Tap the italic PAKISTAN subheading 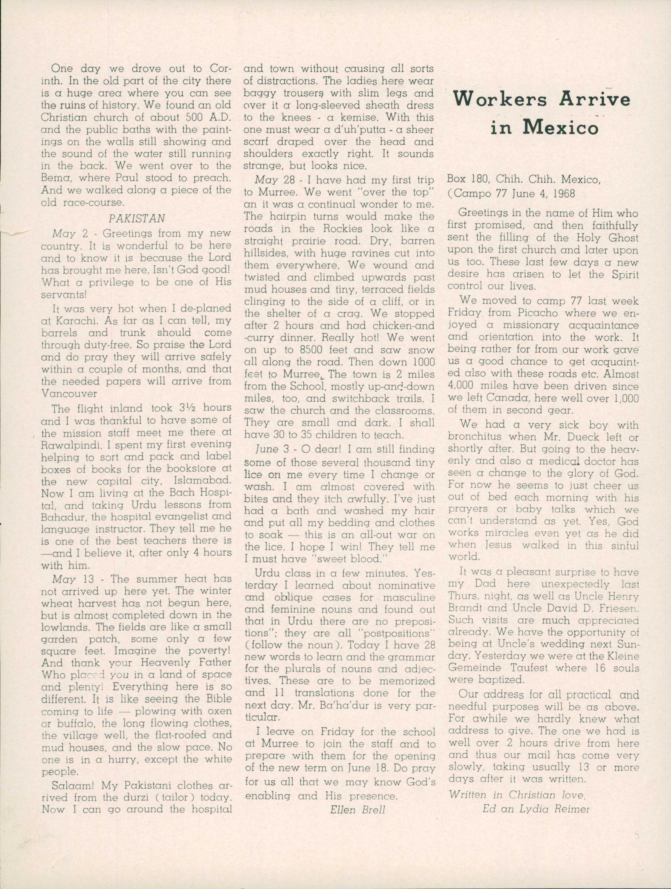137,218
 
